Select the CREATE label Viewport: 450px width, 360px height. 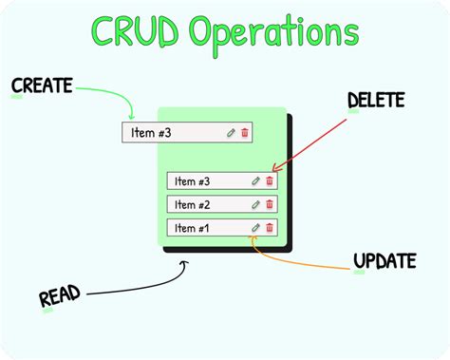point(42,86)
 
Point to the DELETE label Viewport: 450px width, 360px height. point(375,100)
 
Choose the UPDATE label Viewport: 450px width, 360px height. point(384,260)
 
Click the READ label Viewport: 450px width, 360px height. point(59,297)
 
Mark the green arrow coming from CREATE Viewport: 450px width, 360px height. point(109,93)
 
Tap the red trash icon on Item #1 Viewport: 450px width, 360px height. point(270,228)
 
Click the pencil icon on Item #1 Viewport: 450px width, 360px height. point(255,228)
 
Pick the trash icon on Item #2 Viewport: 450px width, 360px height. point(270,204)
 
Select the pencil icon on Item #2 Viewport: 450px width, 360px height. point(255,204)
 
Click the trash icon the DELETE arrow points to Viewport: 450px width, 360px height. point(270,180)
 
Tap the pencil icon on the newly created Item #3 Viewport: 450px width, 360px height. point(231,133)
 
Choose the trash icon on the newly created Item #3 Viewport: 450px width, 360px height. point(245,133)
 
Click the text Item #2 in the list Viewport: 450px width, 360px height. point(193,204)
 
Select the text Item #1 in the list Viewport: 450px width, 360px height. point(193,228)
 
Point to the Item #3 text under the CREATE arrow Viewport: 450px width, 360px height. point(151,133)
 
